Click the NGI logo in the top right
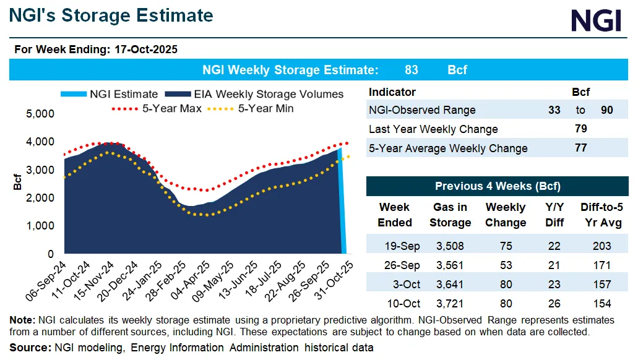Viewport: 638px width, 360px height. (x=595, y=21)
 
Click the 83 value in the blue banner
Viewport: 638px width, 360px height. (x=411, y=70)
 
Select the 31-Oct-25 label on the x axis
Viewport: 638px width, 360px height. (x=342, y=277)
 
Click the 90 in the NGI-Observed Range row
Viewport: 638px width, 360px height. (x=607, y=110)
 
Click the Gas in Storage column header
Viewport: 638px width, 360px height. (x=450, y=215)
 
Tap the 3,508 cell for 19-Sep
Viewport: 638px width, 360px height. (x=450, y=246)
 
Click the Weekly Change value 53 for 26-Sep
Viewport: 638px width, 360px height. (x=506, y=265)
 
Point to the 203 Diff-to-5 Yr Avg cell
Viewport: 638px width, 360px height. (x=601, y=246)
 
